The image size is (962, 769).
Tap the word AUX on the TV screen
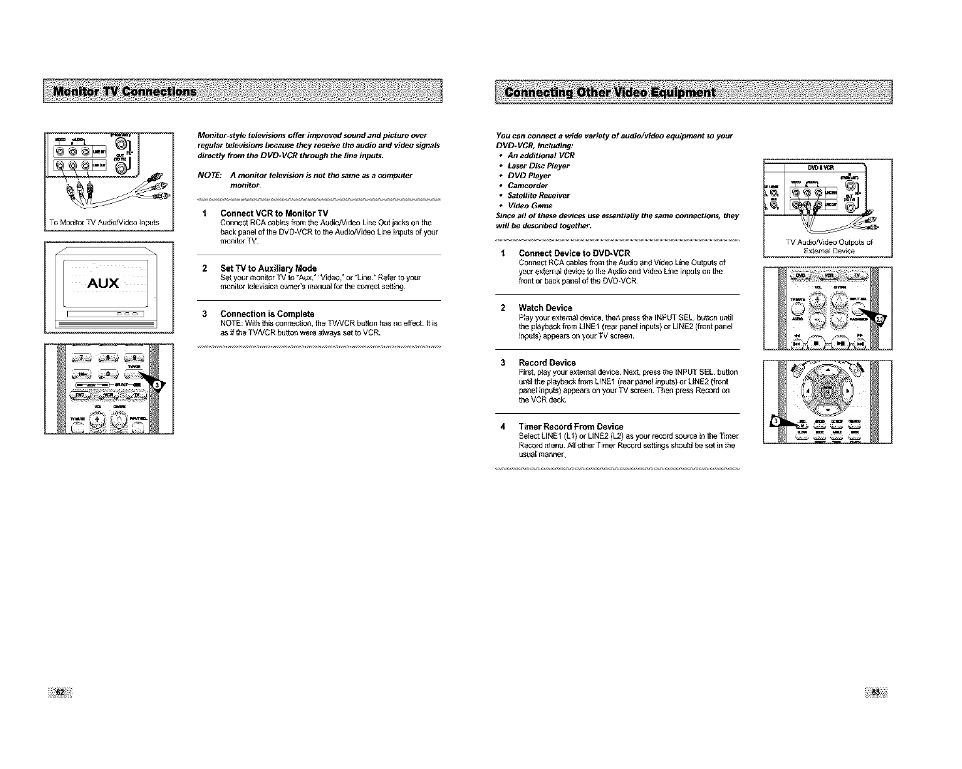pos(104,283)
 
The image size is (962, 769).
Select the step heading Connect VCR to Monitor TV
pos(274,213)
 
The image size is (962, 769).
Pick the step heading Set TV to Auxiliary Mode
pos(268,268)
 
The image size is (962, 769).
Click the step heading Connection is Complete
pos(267,314)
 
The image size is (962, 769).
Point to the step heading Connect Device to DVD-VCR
pos(574,253)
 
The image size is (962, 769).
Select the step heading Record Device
pos(547,362)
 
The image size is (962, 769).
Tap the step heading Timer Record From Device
pos(570,426)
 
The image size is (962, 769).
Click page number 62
pos(59,693)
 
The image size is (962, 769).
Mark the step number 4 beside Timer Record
pos(503,426)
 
